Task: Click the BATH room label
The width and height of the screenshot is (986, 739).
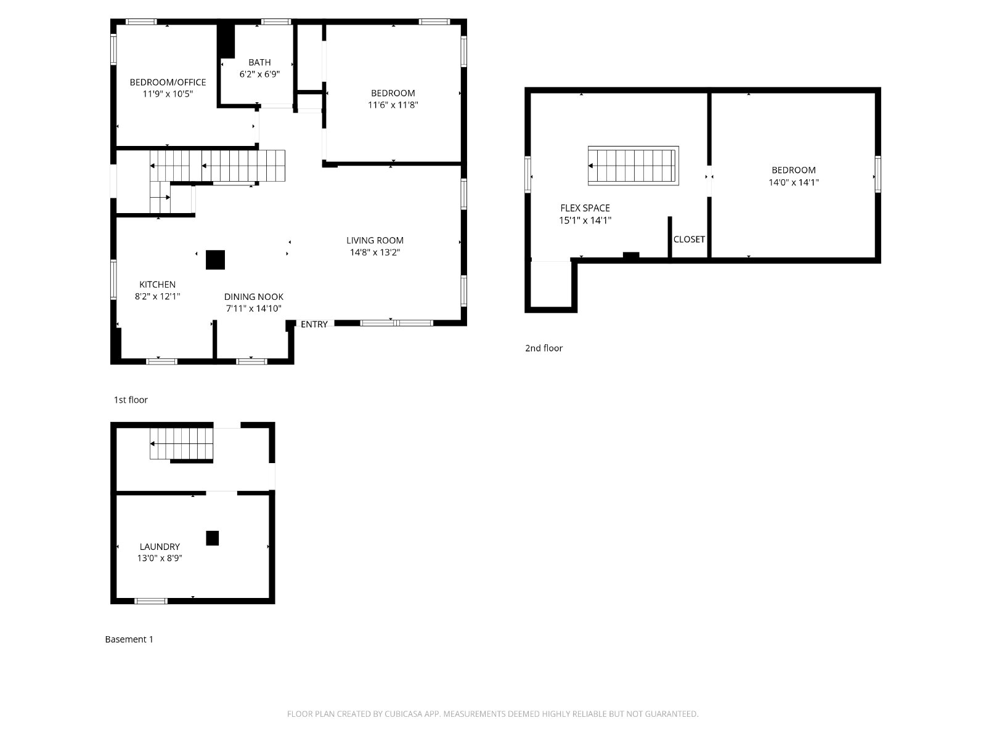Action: tap(259, 62)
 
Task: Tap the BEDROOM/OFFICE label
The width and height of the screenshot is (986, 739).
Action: tap(168, 82)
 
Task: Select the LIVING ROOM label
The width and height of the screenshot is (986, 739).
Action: tap(375, 241)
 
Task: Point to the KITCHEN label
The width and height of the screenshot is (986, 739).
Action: tap(157, 285)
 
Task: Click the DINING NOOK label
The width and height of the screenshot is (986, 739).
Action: tap(254, 297)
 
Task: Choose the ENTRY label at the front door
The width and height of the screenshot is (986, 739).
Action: tap(314, 325)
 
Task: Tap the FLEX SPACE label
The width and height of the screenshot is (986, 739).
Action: tap(585, 208)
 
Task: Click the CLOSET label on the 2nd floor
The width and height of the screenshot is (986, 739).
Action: tap(689, 240)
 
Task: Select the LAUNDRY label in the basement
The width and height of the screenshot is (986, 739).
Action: tap(160, 546)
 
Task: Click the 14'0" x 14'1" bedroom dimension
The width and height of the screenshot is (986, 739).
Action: tap(794, 182)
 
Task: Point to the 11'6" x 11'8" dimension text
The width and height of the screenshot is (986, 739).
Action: tap(393, 105)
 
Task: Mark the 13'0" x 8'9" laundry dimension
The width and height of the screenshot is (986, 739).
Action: tap(160, 558)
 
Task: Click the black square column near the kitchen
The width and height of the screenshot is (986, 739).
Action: tap(215, 260)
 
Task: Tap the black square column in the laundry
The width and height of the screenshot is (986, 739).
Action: tap(213, 538)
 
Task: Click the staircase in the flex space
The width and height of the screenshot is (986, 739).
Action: tap(634, 166)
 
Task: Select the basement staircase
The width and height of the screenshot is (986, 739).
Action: tap(181, 444)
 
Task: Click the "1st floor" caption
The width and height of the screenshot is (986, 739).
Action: tap(131, 400)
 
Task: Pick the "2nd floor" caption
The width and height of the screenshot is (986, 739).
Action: tap(544, 348)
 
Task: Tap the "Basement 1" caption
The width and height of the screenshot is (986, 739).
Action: tap(129, 639)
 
